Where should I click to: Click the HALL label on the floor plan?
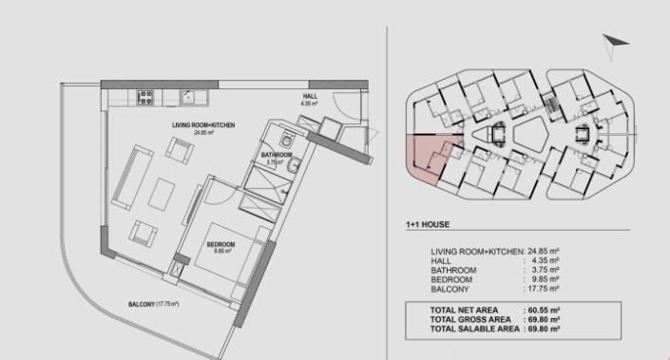click(310, 97)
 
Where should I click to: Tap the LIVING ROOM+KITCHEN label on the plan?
click(203, 125)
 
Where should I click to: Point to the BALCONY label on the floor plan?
click(153, 305)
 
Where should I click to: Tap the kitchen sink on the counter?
click(189, 95)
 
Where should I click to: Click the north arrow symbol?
click(615, 44)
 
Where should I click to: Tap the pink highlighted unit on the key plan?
click(426, 157)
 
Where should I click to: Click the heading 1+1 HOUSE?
click(427, 225)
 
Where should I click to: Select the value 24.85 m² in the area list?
click(544, 252)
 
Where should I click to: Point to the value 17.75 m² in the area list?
click(544, 288)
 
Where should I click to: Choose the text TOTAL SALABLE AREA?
click(474, 329)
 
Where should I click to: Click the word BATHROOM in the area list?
click(453, 270)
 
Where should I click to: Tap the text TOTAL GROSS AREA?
click(471, 320)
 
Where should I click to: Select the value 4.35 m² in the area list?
click(546, 260)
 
